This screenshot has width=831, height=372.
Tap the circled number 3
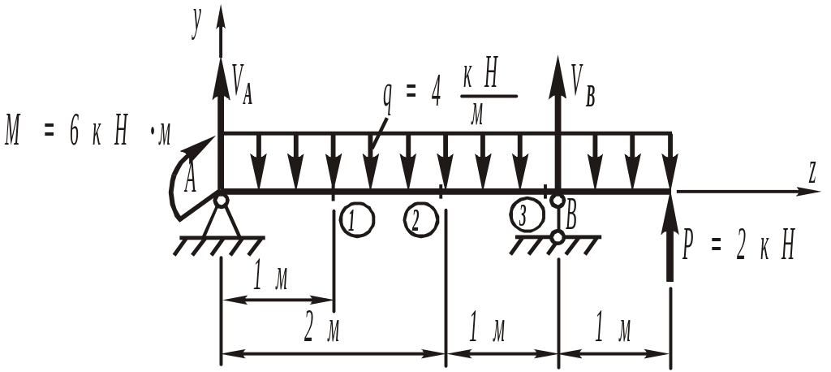click(x=527, y=215)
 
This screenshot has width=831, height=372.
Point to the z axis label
click(x=811, y=172)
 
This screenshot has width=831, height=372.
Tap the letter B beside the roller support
click(x=572, y=216)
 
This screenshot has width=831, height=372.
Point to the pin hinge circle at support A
click(x=221, y=199)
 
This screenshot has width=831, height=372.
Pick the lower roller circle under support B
click(x=558, y=236)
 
